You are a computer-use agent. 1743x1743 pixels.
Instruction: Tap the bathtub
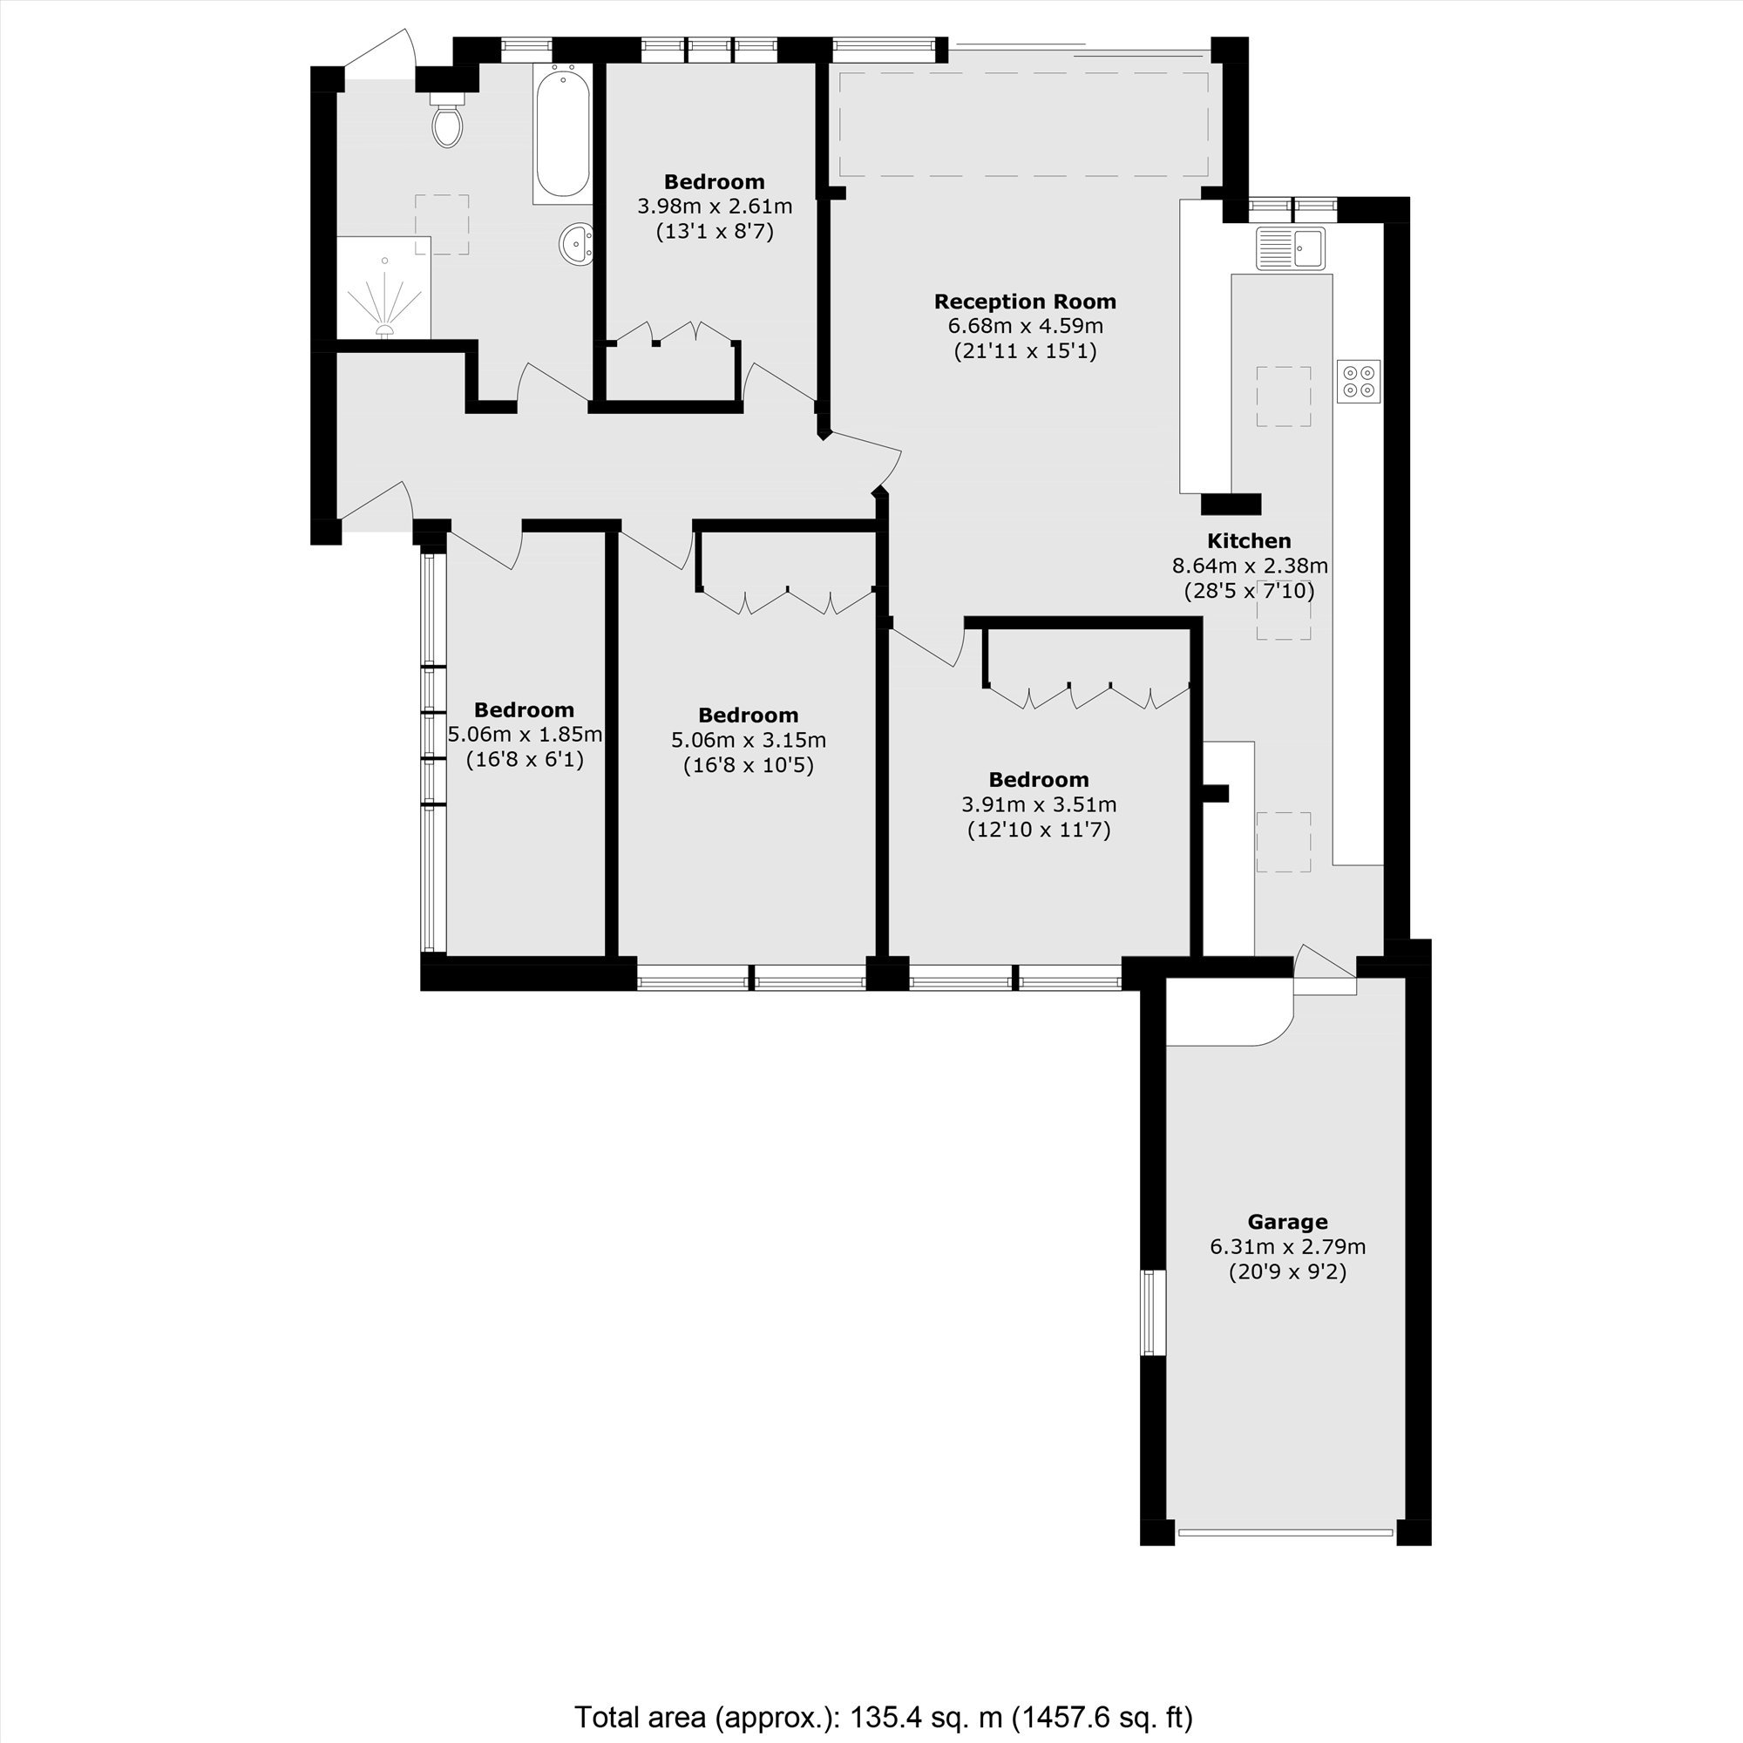562,133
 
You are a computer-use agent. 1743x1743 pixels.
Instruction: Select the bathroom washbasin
576,244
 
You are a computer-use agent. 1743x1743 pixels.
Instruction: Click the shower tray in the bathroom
384,288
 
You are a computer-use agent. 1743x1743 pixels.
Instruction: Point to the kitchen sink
1291,248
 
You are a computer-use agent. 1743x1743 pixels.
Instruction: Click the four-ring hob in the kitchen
1359,381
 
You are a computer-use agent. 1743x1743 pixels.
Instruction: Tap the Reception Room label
1025,302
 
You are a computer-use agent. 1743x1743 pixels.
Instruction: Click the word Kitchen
1250,540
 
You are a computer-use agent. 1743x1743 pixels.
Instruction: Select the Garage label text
1287,1222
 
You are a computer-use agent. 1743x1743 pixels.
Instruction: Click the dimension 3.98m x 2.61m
715,206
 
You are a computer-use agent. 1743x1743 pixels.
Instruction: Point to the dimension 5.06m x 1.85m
525,735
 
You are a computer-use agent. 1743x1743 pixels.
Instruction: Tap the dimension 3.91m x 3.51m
1040,804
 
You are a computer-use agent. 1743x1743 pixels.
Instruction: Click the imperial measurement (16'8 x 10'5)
749,765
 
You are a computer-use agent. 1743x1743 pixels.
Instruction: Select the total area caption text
883,1717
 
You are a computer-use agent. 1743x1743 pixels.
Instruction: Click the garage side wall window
1150,1312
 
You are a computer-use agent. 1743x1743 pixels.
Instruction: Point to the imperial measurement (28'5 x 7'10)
1250,591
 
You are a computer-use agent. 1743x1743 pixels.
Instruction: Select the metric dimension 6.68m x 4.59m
1025,326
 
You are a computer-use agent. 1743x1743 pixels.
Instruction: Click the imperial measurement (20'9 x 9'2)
1287,1272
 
